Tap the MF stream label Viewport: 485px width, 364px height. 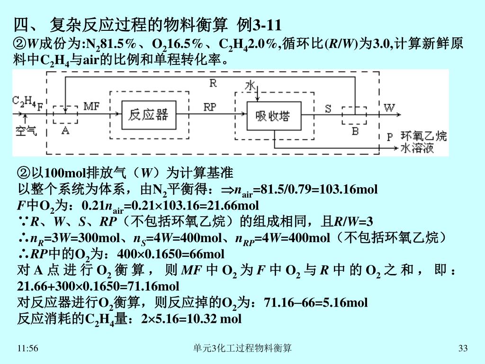click(x=91, y=107)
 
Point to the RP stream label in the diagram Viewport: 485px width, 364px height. click(x=210, y=107)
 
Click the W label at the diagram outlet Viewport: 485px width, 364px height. click(x=389, y=108)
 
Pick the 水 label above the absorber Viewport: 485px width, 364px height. click(x=250, y=86)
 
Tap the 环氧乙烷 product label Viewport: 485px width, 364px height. click(x=423, y=136)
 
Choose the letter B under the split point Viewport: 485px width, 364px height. click(x=355, y=131)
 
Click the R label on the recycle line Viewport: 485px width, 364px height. click(x=213, y=83)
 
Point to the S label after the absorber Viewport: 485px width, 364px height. click(x=328, y=109)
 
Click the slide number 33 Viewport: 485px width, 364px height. click(x=463, y=349)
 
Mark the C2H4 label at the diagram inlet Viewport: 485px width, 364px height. click(x=24, y=101)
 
